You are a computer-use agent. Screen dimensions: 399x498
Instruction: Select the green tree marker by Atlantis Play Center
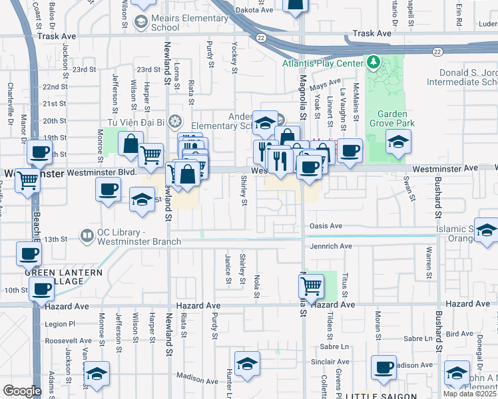point(373,63)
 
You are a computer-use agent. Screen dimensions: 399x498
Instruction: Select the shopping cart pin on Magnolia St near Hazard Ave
point(311,286)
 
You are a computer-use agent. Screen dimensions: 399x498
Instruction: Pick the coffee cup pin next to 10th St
point(42,289)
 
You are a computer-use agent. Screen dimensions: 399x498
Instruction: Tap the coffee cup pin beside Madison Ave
point(383,367)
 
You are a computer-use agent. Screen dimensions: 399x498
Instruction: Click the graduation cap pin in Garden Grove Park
point(398,141)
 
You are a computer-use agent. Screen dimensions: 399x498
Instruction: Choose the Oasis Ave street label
point(326,226)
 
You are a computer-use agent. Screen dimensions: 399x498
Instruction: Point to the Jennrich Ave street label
point(330,246)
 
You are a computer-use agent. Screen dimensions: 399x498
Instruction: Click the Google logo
point(22,391)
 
